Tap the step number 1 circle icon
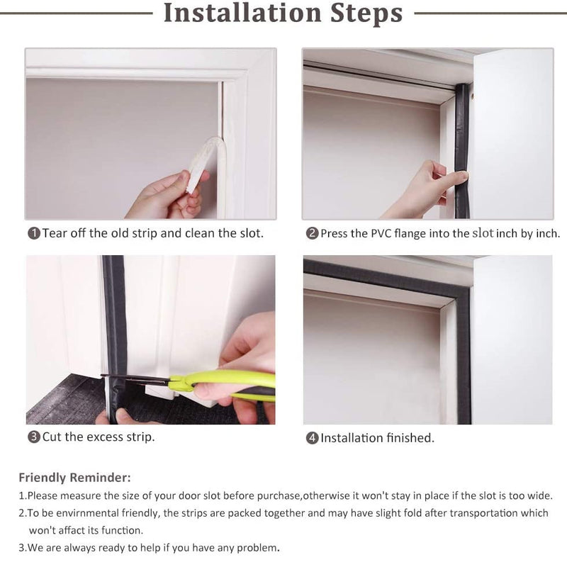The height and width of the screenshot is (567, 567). (33, 233)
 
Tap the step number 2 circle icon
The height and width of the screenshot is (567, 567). (312, 233)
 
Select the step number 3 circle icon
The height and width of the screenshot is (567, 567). (33, 437)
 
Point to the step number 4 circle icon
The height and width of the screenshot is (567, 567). (312, 438)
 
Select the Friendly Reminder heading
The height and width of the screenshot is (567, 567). (74, 477)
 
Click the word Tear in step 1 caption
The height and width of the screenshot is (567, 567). (55, 233)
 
